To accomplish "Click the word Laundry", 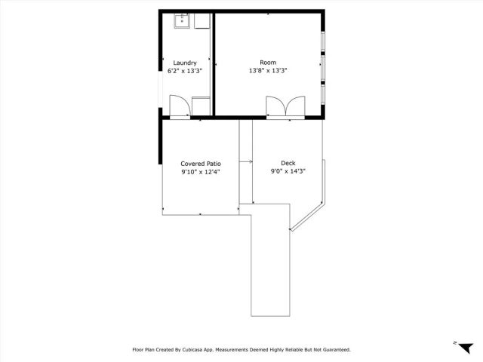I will pos(185,63).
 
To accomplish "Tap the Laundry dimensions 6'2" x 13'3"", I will pos(185,71).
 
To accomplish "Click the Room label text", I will pos(268,63).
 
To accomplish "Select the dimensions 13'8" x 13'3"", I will pos(268,71).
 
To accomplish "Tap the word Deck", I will pos(288,163).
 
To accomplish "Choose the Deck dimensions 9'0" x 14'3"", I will pos(288,171).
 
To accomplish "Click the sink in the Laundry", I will pos(181,20).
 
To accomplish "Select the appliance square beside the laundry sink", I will pos(201,21).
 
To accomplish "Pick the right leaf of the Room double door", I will pos(294,107).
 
